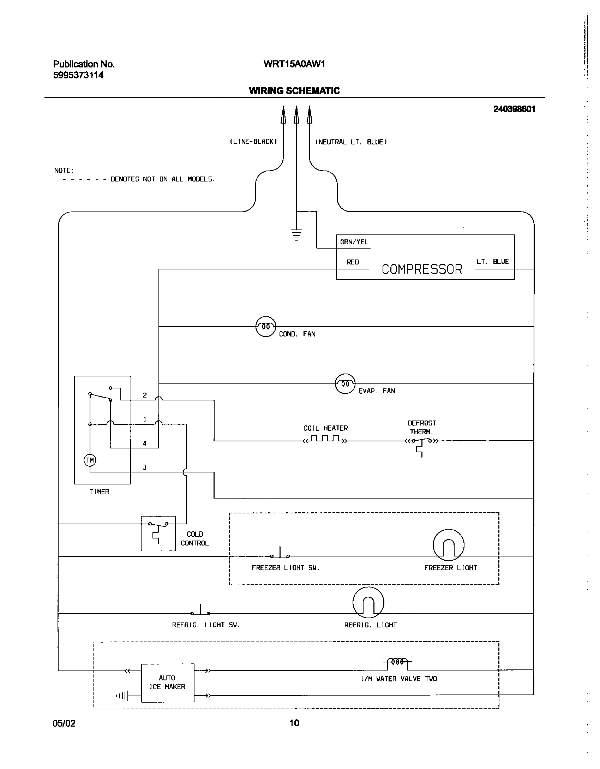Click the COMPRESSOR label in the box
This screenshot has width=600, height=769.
click(422, 269)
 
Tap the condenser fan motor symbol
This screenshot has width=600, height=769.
click(265, 327)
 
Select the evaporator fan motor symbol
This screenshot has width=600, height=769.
click(345, 383)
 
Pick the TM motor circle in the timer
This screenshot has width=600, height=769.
click(90, 460)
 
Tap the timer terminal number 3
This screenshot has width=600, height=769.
click(145, 467)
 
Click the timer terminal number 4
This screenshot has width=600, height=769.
click(145, 443)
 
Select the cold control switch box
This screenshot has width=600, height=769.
click(158, 533)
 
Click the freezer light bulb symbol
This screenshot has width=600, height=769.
click(448, 545)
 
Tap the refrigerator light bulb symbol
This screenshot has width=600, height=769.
click(368, 603)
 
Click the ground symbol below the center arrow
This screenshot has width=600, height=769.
click(296, 235)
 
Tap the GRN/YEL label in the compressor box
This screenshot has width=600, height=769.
click(354, 242)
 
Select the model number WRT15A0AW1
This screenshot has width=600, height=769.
click(294, 64)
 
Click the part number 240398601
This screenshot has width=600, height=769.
click(514, 109)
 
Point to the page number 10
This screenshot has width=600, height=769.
click(294, 723)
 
